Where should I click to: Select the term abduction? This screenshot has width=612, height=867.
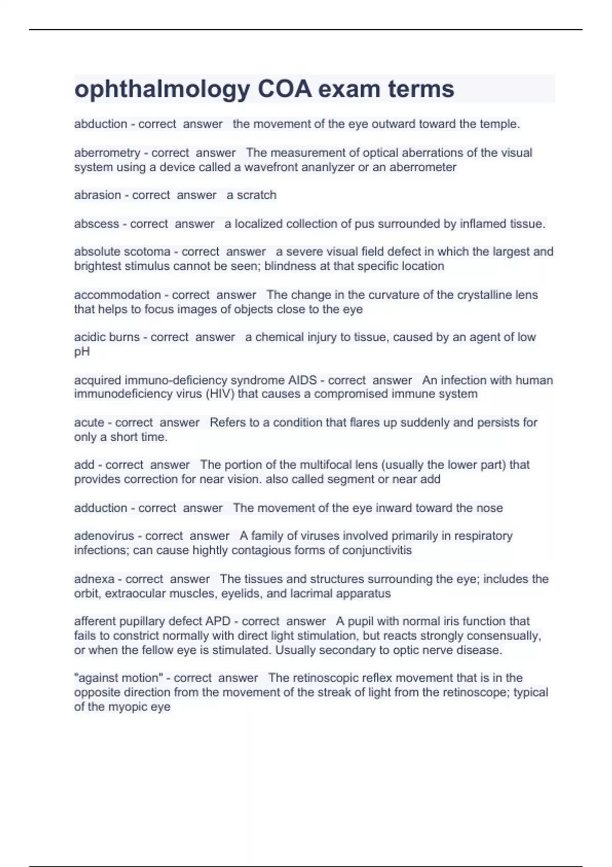click(x=100, y=124)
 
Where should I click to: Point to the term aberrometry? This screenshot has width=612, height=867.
click(x=107, y=152)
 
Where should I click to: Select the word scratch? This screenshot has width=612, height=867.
click(x=257, y=195)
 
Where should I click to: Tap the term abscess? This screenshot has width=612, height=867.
click(x=96, y=223)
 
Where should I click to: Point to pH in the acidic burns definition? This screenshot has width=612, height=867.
click(x=82, y=351)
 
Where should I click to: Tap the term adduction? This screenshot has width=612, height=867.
click(x=100, y=508)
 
